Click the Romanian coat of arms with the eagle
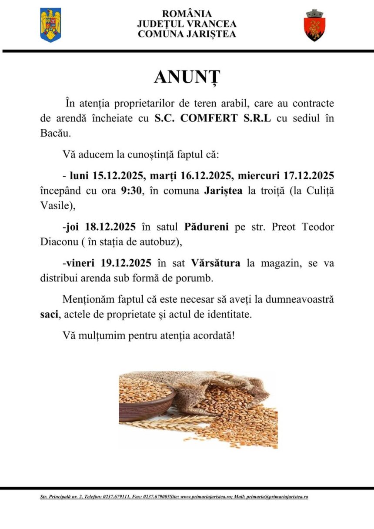coord(50,25)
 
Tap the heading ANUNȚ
coord(187,77)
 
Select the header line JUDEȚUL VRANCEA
coord(187,24)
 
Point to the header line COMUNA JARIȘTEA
coord(187,34)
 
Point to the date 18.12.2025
coord(110,227)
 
